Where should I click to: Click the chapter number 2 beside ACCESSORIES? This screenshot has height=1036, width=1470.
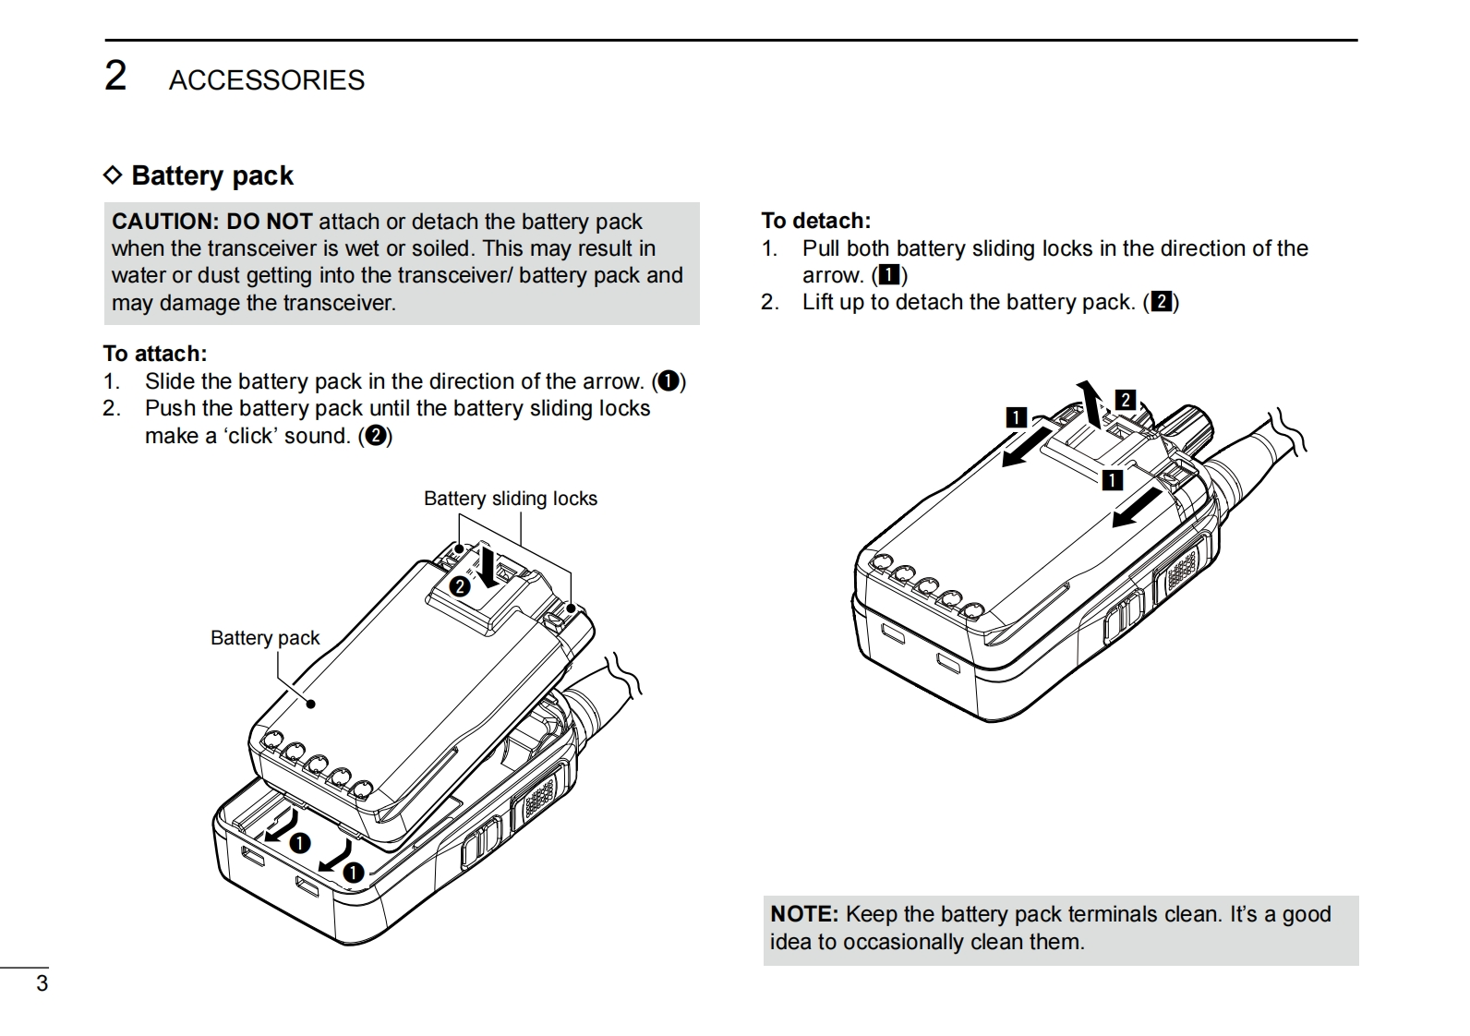point(115,76)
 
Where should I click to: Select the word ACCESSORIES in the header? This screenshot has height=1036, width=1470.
point(266,80)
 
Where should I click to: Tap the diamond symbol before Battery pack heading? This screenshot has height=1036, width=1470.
point(113,175)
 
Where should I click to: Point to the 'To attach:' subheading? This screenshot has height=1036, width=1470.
point(155,354)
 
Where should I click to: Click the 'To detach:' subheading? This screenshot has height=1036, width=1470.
point(815,221)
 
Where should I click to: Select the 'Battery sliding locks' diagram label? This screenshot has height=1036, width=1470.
point(510,499)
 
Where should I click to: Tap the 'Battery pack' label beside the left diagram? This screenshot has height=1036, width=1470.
point(264,638)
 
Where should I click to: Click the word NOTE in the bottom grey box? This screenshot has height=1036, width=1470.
point(803,914)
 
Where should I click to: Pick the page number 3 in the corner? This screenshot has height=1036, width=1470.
point(42,983)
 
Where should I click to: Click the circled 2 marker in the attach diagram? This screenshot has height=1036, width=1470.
point(460,585)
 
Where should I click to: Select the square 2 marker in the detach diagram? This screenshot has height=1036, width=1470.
point(1125,400)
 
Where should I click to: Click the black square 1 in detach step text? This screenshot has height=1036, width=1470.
point(888,275)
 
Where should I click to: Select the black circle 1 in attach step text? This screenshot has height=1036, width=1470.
point(669,381)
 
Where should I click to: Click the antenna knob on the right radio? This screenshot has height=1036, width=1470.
point(1185,429)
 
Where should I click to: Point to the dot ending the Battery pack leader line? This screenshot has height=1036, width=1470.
point(311,704)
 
